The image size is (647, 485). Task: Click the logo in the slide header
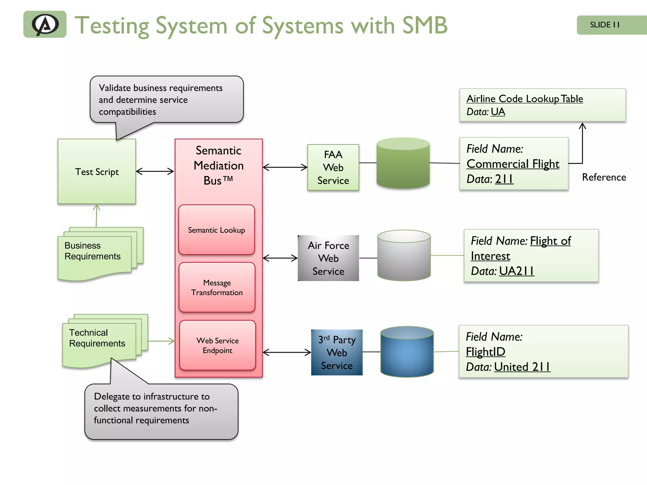coord(45,24)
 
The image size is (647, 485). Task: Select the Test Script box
coord(97,171)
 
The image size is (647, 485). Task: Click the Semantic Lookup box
coord(216,230)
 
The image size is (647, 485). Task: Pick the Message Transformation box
coord(217,287)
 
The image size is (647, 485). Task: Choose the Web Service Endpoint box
coord(217,345)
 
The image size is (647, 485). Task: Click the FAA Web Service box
coord(333,167)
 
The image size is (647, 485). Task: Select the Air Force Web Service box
coord(328,258)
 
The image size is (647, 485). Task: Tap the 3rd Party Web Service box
coord(337,352)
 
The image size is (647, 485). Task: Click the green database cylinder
coord(403,164)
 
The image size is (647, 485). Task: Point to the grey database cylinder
coord(404,256)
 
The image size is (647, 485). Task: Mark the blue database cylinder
coord(407,352)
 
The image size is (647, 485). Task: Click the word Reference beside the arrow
coord(604,177)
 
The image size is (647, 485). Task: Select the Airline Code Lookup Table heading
coord(524,99)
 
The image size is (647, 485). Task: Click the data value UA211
coord(517,271)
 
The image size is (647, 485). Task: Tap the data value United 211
coord(522,367)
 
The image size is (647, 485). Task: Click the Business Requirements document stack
coord(95,254)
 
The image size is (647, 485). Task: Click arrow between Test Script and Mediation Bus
coord(155,171)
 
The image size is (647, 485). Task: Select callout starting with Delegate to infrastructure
coord(161,410)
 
